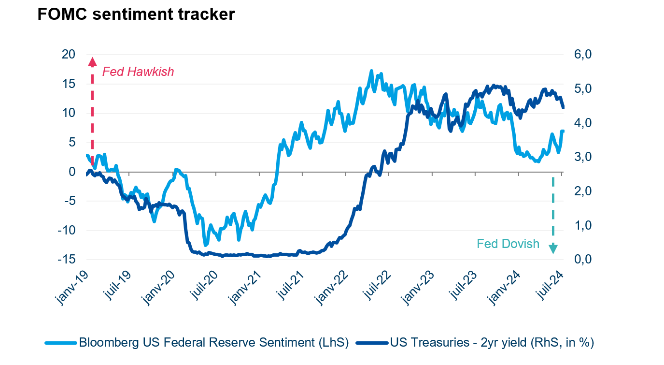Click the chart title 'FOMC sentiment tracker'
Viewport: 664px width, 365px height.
pos(136,15)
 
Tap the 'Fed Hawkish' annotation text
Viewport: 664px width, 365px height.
pos(138,72)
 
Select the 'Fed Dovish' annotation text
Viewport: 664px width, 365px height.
pos(508,244)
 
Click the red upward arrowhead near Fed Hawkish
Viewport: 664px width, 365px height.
pos(92,61)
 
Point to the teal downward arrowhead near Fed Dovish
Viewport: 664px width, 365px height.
pos(553,249)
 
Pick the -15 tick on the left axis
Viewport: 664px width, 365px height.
pos(66,259)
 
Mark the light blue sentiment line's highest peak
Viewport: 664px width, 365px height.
pos(371,71)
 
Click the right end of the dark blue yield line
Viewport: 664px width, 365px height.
pos(563,107)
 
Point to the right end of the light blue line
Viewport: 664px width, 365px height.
pos(563,131)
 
